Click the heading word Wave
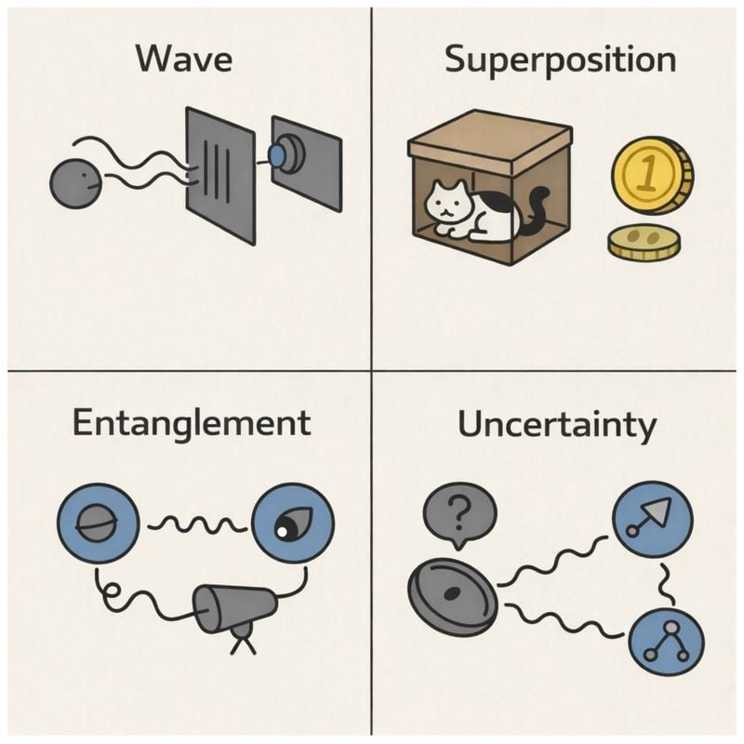[x=184, y=60]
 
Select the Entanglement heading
[x=191, y=423]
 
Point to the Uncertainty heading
[x=556, y=426]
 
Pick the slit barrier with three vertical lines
[x=220, y=174]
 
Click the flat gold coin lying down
[x=644, y=243]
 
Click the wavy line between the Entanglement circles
[x=196, y=526]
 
